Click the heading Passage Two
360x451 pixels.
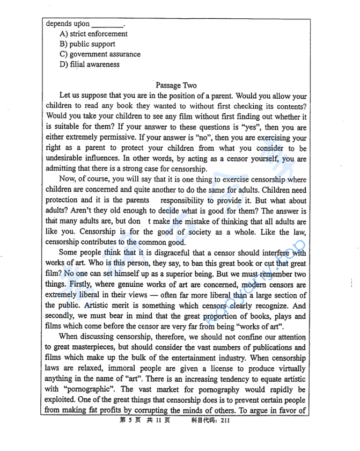[x=176, y=85]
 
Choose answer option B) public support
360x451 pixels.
[x=87, y=44]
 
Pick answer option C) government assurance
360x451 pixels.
[x=100, y=54]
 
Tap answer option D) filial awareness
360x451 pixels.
[x=90, y=64]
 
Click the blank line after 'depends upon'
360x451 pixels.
[x=107, y=24]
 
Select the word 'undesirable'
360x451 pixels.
[x=68, y=158]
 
